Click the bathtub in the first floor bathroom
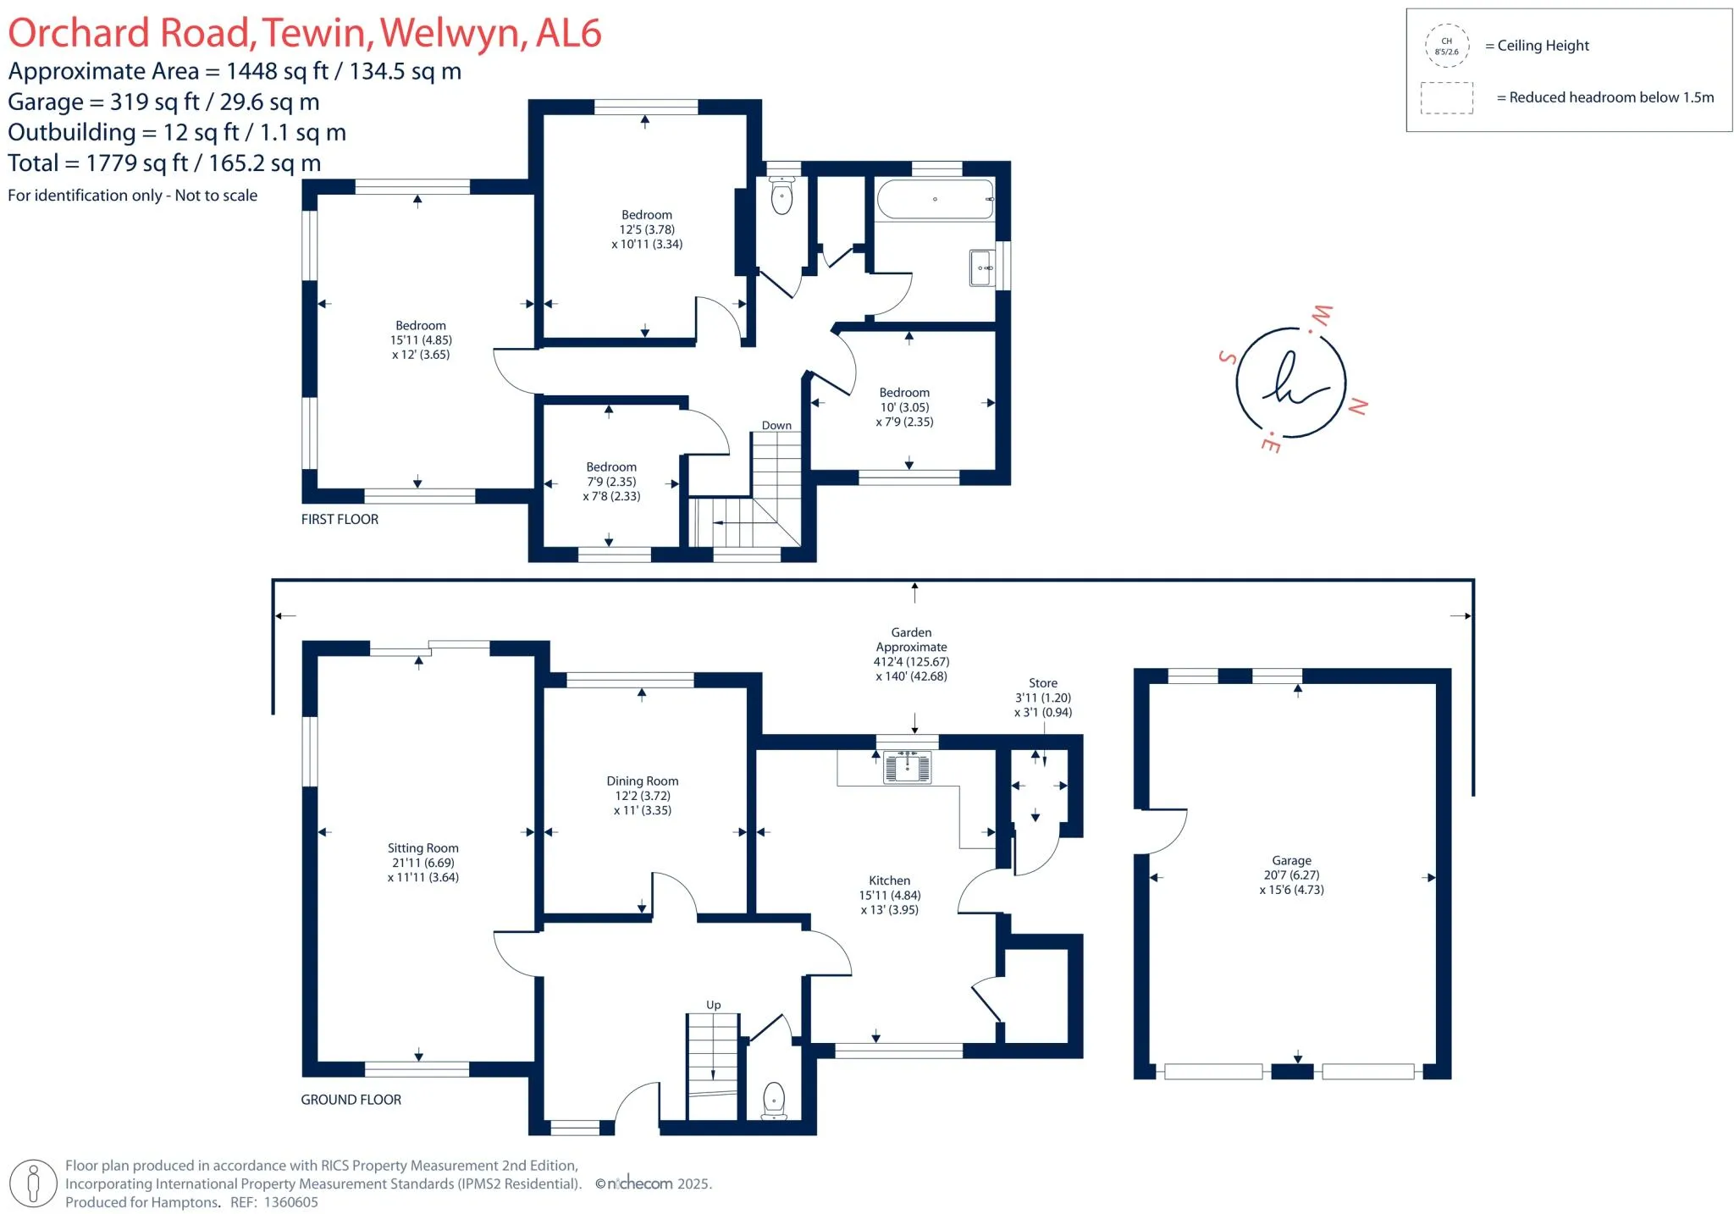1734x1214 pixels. tap(935, 200)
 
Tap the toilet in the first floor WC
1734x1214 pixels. tap(782, 197)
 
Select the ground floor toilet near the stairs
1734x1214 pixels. tap(774, 1100)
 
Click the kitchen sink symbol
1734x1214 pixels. tap(907, 767)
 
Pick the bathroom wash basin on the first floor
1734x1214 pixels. tap(982, 268)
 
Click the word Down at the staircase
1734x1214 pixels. tap(776, 426)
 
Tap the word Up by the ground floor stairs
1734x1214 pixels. tap(714, 1006)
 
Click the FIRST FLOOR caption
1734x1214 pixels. tap(340, 520)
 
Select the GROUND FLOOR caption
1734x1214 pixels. tap(351, 1100)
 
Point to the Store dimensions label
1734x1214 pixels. tap(1043, 698)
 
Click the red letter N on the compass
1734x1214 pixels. tap(1357, 406)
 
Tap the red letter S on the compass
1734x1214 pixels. tap(1227, 357)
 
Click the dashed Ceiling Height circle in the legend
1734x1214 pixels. tap(1446, 46)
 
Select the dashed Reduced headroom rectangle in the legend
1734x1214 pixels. tap(1446, 97)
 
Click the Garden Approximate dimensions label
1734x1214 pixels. tap(911, 654)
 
